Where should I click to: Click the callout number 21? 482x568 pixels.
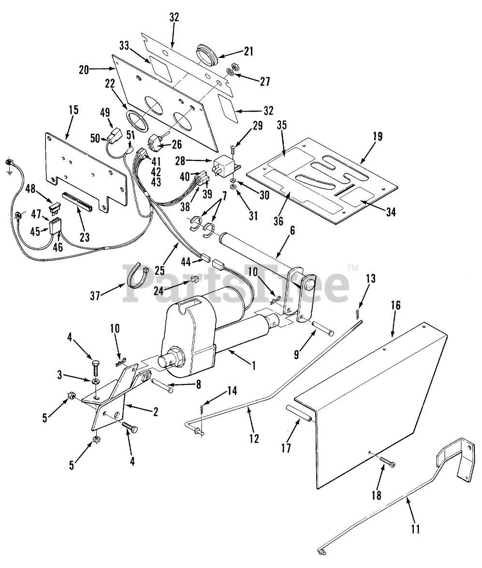click(249, 51)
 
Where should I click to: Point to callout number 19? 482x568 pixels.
click(378, 137)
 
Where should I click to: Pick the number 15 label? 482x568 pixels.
click(73, 110)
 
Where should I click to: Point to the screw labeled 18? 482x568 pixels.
click(387, 464)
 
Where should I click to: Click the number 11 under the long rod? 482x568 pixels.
click(415, 529)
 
